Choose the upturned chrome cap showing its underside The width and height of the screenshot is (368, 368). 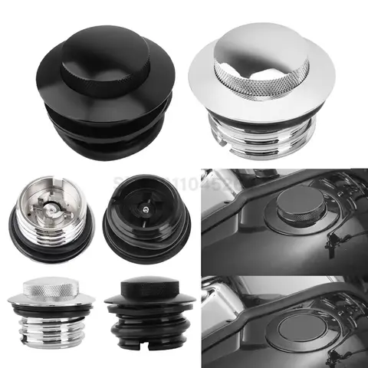pyautogui.click(x=50, y=215)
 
